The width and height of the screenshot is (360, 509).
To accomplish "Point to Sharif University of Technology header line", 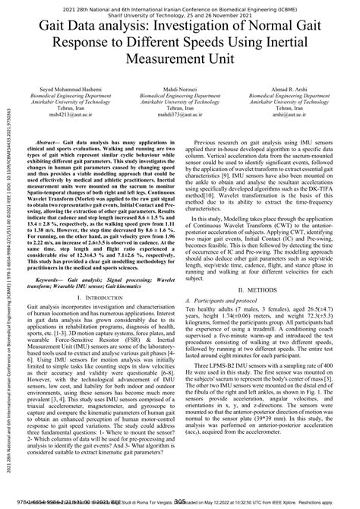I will tap(180, 14).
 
